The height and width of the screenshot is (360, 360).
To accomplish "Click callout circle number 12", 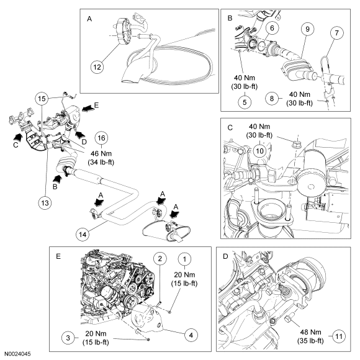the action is click(97, 67).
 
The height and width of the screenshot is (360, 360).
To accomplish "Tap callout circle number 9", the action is click(307, 29).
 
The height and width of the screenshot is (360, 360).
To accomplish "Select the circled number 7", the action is click(336, 33).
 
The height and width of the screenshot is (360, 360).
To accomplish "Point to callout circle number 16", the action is click(101, 138).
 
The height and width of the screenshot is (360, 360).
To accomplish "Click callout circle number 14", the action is click(83, 235).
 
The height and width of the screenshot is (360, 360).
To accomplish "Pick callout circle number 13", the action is click(45, 203).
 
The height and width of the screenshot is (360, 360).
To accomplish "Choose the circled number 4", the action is click(191, 335).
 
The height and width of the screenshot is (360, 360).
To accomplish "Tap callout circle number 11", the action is click(339, 336).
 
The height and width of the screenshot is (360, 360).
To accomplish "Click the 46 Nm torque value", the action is click(101, 153).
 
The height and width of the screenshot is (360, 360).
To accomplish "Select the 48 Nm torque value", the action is click(310, 332).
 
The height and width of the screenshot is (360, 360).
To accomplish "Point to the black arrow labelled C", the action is click(17, 137).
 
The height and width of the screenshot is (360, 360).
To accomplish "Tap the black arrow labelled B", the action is click(57, 179).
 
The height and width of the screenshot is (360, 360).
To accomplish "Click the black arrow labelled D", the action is click(80, 134).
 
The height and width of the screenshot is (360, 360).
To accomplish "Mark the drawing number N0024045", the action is click(17, 354).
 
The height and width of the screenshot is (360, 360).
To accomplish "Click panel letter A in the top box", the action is click(89, 19).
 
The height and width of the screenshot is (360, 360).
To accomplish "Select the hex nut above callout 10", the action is click(296, 145).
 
